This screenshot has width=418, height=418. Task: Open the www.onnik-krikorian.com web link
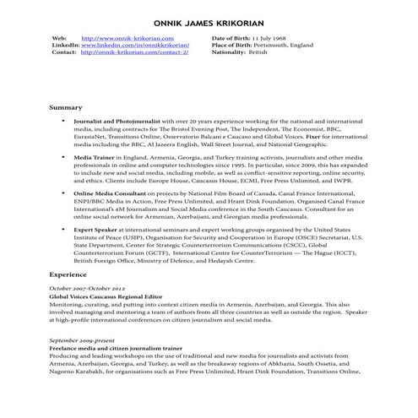(x=128, y=38)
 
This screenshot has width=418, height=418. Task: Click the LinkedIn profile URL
(x=135, y=45)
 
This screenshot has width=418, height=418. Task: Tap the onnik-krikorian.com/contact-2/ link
(x=134, y=52)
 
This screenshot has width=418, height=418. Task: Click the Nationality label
(x=229, y=52)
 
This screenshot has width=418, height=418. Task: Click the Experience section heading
(x=69, y=275)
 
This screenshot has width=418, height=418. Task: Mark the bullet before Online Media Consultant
(x=63, y=193)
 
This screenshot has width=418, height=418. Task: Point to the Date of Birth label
(x=231, y=38)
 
